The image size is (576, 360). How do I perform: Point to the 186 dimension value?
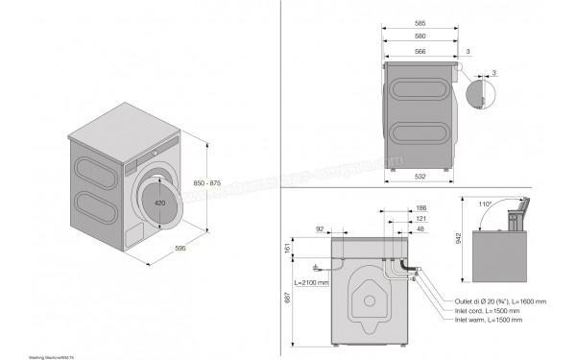coord(422,208)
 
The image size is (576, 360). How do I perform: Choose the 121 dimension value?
coord(422,219)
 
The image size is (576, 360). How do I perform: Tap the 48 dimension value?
coord(422,230)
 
